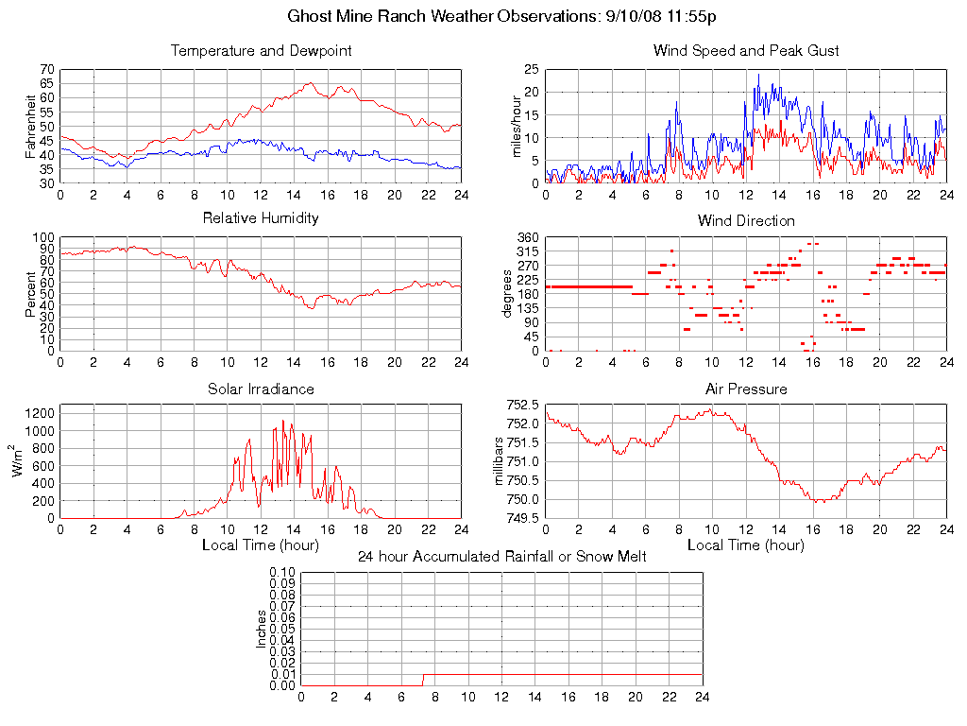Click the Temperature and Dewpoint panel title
[x=261, y=50]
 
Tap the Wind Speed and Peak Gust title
[x=746, y=50]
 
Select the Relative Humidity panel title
[x=261, y=218]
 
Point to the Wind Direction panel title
[x=746, y=220]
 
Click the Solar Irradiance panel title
[x=261, y=389]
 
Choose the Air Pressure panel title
[x=746, y=389]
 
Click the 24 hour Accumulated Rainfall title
[x=501, y=557]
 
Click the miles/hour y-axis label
[x=517, y=126]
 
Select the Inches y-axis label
[x=262, y=629]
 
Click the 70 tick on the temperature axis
[x=46, y=70]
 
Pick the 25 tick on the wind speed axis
[x=531, y=70]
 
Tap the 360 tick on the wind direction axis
[x=527, y=238]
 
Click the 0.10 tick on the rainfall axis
[x=282, y=573]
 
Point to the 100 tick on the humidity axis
[x=42, y=238]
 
